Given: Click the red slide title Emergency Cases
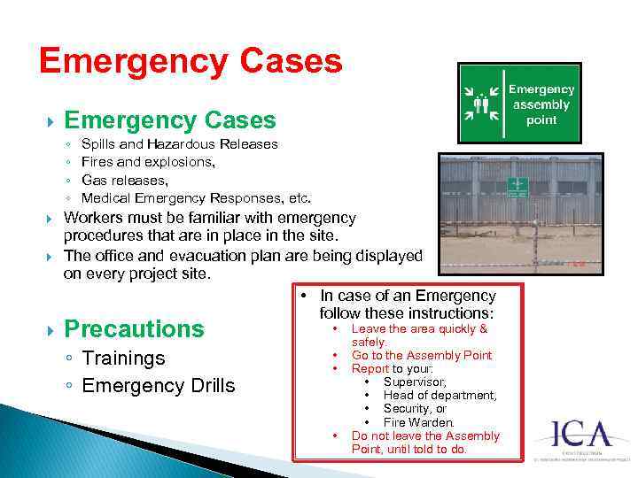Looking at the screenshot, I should coord(191,62).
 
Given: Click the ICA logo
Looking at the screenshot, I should coord(580,435).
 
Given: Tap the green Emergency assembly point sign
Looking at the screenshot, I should coord(519,103).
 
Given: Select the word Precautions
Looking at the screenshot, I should coord(135,329).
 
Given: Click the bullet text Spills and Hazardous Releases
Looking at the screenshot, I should coord(179,143).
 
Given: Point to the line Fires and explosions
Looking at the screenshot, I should coord(147,162).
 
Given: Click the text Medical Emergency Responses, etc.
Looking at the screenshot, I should coord(196,197).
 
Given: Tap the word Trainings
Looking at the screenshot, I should coord(123,358).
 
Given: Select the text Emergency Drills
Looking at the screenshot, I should coord(159,386).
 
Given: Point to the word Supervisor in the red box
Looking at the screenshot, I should coord(414,382).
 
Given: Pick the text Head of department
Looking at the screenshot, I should coord(440,396).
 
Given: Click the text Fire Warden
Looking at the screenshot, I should coord(418,422).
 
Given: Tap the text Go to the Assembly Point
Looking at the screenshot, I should coord(422,355).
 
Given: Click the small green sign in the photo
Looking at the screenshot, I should coord(517,188).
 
